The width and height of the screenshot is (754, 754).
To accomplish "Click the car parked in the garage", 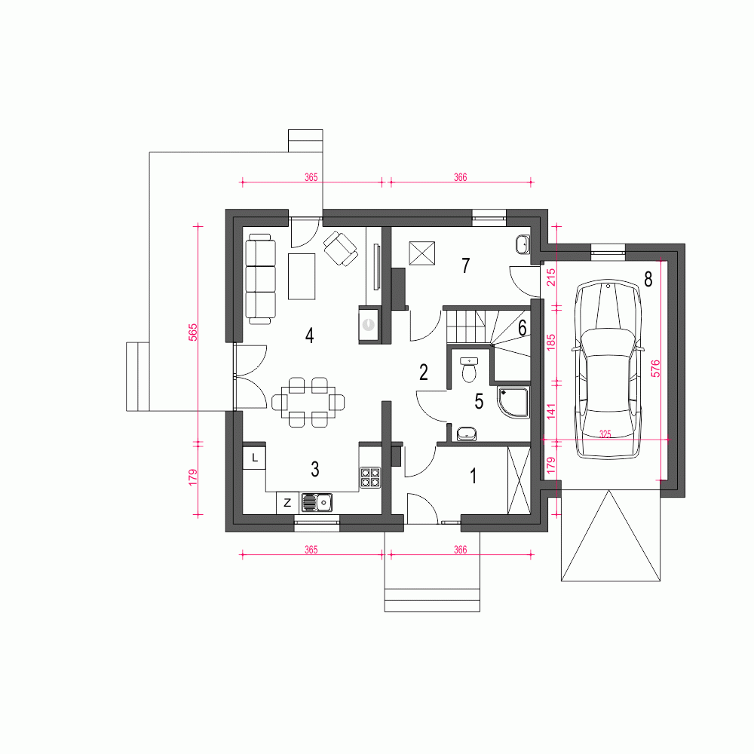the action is (x=607, y=369).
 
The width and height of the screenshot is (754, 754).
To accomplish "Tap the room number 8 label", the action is (x=648, y=280).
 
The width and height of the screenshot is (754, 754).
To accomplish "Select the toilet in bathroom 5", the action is (x=469, y=369).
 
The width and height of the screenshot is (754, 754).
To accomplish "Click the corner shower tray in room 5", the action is (x=513, y=402).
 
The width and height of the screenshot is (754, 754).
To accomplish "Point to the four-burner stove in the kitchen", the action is (x=369, y=477).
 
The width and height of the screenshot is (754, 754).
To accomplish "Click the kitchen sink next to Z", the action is (x=317, y=502).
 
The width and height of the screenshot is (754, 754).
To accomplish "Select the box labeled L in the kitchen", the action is (x=254, y=458).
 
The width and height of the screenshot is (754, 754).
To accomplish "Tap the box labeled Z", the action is (x=287, y=503).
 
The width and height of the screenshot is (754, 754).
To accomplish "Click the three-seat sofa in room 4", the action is (x=260, y=280).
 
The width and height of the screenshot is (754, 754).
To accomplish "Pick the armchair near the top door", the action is (x=341, y=249).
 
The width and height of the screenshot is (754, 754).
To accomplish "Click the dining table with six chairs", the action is (x=308, y=403).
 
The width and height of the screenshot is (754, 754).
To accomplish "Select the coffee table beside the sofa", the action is (x=302, y=277).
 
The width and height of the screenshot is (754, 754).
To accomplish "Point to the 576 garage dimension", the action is (x=655, y=369).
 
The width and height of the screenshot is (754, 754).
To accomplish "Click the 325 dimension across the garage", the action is (x=605, y=434).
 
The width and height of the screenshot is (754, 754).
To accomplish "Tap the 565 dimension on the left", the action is (x=192, y=333).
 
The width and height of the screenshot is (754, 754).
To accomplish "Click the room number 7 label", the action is (x=465, y=265).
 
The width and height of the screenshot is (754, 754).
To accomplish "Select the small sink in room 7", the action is (x=523, y=244).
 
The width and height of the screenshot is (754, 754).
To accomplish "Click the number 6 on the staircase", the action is (x=523, y=328).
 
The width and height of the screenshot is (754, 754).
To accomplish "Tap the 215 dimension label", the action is (x=551, y=277).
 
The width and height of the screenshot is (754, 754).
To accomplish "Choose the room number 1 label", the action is (x=474, y=476).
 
